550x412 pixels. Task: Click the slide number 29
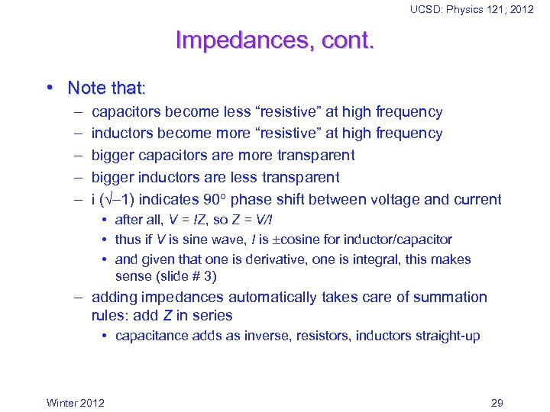497,403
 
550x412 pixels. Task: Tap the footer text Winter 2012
76,403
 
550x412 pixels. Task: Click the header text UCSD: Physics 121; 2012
471,9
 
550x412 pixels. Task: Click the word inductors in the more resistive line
122,134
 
